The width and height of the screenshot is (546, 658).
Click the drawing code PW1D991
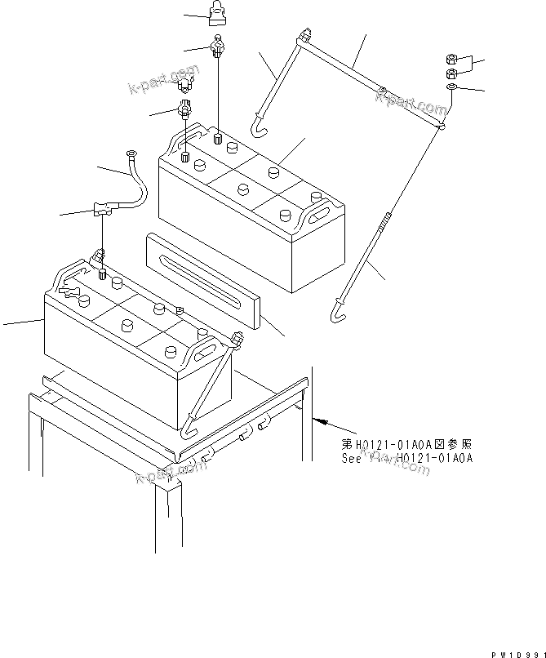coord(517,653)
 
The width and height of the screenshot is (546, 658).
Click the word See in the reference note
coord(352,458)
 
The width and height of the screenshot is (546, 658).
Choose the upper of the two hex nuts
coord(451,58)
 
